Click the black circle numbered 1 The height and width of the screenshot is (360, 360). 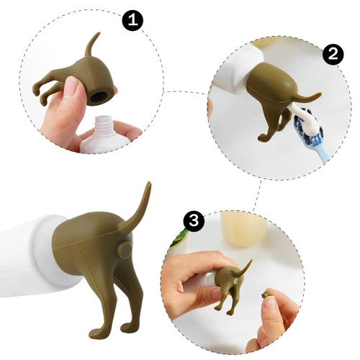click(132, 20)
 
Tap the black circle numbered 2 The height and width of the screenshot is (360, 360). click(333, 55)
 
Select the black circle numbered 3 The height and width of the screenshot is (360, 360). click(194, 221)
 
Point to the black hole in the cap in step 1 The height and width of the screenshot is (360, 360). click(99, 96)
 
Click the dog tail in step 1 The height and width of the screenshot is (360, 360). click(91, 45)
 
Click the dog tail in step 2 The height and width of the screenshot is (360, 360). click(307, 98)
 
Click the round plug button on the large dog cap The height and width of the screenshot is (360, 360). click(124, 250)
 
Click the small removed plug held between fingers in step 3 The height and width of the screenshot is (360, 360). click(265, 294)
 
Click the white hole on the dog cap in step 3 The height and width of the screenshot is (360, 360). click(236, 281)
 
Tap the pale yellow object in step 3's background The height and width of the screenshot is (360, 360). click(243, 229)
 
